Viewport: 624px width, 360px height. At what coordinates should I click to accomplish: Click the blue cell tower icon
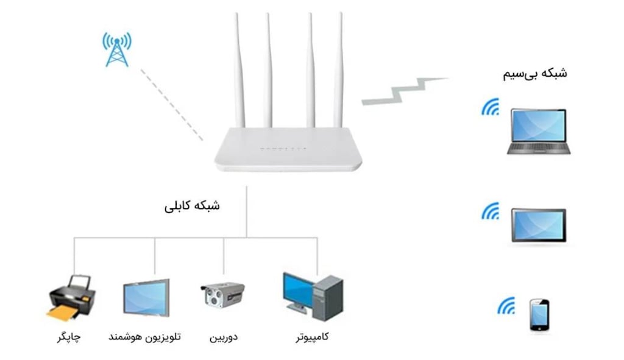tap(116, 49)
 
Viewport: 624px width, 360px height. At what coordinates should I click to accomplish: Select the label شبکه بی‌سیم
tap(534, 74)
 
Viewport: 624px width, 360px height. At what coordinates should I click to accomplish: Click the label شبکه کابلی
tap(192, 206)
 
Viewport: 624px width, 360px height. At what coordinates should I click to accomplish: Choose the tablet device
tap(539, 226)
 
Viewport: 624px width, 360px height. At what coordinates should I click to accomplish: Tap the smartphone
tap(539, 314)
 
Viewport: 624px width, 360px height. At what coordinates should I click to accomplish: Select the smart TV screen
tap(146, 298)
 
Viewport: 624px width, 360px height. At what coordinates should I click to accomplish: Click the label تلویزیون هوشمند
tap(144, 336)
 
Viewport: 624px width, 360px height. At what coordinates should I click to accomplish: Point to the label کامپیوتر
tap(311, 336)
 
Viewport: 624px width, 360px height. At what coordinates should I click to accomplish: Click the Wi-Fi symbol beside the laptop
tap(490, 107)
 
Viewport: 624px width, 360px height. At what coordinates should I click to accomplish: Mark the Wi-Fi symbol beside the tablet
tap(490, 211)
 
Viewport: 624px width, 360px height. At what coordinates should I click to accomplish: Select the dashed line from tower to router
tap(172, 104)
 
